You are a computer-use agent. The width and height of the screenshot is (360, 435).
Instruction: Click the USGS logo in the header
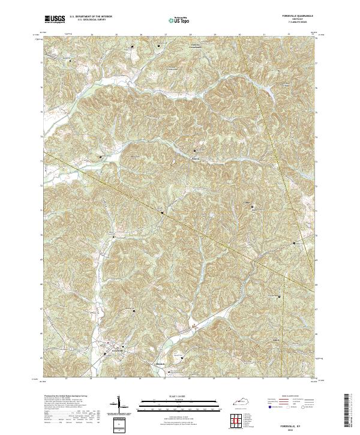click(x=55, y=20)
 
